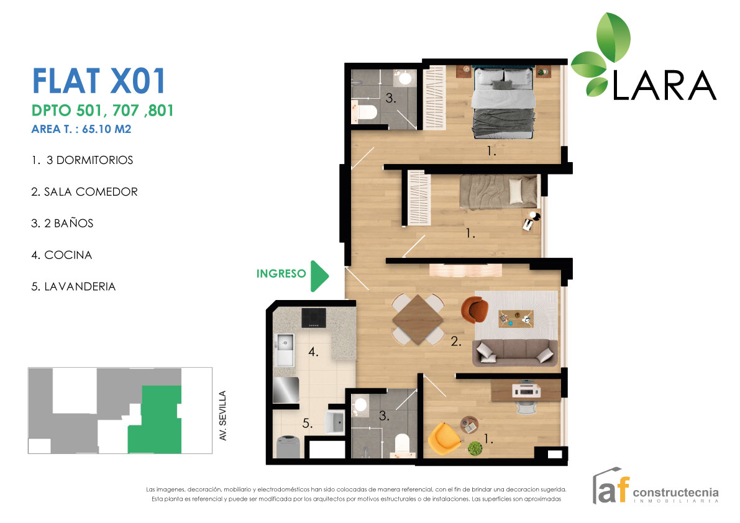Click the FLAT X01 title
(98, 81)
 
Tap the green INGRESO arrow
(319, 276)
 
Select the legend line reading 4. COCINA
(62, 255)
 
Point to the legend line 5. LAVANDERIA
(73, 287)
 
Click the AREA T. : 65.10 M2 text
(81, 130)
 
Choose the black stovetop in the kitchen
(314, 318)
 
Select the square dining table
(418, 319)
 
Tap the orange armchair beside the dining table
(474, 309)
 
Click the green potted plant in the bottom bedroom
(476, 448)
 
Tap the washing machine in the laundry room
(289, 447)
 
